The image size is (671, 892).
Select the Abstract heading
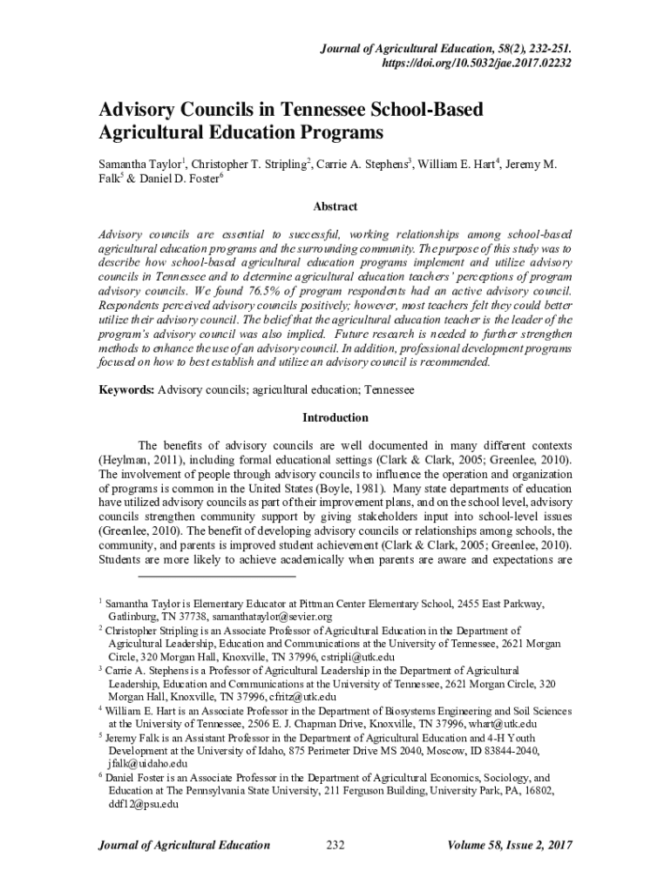coord(335,207)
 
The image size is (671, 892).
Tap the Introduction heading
coord(335,417)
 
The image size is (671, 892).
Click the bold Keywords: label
coord(125,390)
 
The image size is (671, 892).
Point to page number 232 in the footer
coord(335,845)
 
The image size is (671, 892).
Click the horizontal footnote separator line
coord(217,576)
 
